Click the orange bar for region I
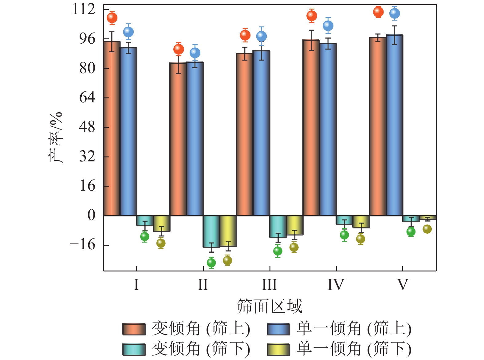pyautogui.click(x=112, y=129)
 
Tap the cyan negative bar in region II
pyautogui.click(x=211, y=231)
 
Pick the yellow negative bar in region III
pyautogui.click(x=295, y=225)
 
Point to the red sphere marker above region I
pyautogui.click(x=112, y=18)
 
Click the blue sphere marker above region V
pyautogui.click(x=395, y=13)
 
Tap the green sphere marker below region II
pyautogui.click(x=211, y=263)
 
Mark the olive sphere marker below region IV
pyautogui.click(x=361, y=239)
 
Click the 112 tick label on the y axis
pyautogui.click(x=84, y=9)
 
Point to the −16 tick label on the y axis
pyautogui.click(x=82, y=245)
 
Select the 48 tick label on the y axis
pyautogui.click(x=87, y=127)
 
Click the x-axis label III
pyautogui.click(x=270, y=284)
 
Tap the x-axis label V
pyautogui.click(x=403, y=284)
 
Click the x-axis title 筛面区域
pyautogui.click(x=270, y=306)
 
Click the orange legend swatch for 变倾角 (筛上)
pyautogui.click(x=134, y=329)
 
